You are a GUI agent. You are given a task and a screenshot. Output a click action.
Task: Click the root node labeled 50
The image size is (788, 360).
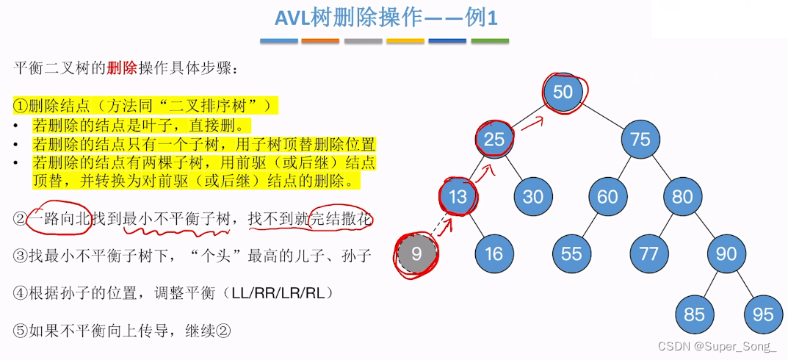tap(563, 92)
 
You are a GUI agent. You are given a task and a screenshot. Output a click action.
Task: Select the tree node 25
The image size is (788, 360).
tap(494, 139)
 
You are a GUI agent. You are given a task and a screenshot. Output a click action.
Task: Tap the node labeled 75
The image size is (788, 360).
tap(640, 139)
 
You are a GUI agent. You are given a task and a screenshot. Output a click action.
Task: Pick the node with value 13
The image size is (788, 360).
tap(458, 196)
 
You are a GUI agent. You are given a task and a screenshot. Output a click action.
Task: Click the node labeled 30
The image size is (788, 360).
tap(532, 196)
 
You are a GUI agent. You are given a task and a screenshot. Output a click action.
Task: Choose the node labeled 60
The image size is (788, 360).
tap(607, 196)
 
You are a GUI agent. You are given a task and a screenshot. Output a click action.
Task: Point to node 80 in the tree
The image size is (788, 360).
tap(682, 196)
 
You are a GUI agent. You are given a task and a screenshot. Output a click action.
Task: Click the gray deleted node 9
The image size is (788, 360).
tap(416, 253)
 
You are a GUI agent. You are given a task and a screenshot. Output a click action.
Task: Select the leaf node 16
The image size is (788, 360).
tap(494, 253)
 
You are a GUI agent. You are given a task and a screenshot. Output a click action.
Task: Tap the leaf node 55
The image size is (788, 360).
tap(571, 253)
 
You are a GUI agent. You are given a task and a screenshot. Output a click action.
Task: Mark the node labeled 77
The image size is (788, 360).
tap(648, 253)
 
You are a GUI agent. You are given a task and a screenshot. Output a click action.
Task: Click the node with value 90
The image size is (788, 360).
tap(726, 253)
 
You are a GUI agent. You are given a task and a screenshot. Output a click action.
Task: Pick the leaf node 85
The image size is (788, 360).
tap(694, 314)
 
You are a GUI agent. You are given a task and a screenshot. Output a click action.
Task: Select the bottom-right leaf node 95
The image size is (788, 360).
tap(763, 314)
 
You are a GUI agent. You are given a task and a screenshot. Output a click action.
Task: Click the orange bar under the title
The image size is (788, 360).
tap(320, 40)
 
